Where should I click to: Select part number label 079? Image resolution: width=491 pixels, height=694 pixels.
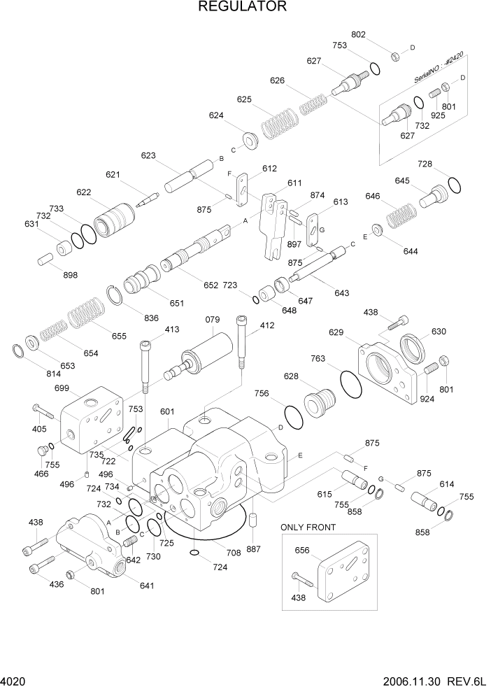pos(213,320)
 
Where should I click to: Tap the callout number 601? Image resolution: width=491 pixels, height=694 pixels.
pos(167,411)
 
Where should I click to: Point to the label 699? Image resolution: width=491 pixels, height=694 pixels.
pos(62,388)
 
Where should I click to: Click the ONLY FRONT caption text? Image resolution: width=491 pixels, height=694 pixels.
pos(308,527)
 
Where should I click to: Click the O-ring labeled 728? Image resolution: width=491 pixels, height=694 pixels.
pos(453,185)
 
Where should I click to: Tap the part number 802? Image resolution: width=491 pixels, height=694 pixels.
pos(358,34)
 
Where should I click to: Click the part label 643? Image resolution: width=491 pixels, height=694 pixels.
pos(341,293)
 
